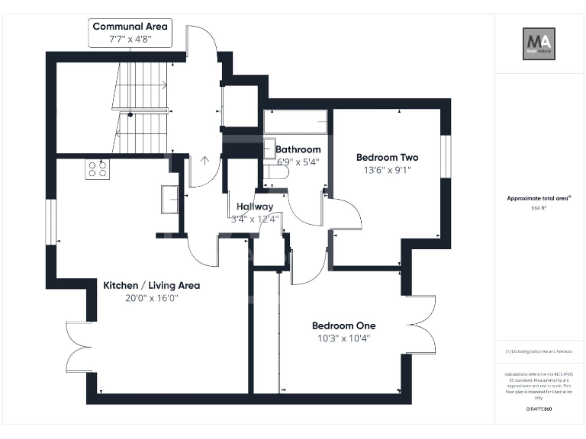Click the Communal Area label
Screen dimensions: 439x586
pyautogui.click(x=130, y=26)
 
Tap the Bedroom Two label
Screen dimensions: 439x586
pyautogui.click(x=387, y=158)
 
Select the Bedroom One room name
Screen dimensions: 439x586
pyautogui.click(x=343, y=325)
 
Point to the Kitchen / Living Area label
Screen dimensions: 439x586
pyautogui.click(x=152, y=285)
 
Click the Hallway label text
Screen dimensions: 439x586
pyautogui.click(x=255, y=207)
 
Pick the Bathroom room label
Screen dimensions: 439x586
pyautogui.click(x=298, y=149)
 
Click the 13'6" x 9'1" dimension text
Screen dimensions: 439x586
pyautogui.click(x=387, y=171)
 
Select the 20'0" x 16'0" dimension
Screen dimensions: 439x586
pyautogui.click(x=152, y=298)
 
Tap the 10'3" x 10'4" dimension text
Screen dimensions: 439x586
pyautogui.click(x=343, y=338)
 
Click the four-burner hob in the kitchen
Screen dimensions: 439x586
pyautogui.click(x=97, y=168)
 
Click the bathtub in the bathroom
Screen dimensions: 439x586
pyautogui.click(x=296, y=121)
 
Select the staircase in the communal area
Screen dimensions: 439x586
pyautogui.click(x=145, y=107)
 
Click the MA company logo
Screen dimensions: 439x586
pyautogui.click(x=539, y=43)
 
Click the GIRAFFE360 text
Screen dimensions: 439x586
pyautogui.click(x=539, y=410)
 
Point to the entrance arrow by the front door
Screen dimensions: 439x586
pyautogui.click(x=204, y=161)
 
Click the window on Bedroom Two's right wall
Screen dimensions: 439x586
pyautogui.click(x=446, y=158)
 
